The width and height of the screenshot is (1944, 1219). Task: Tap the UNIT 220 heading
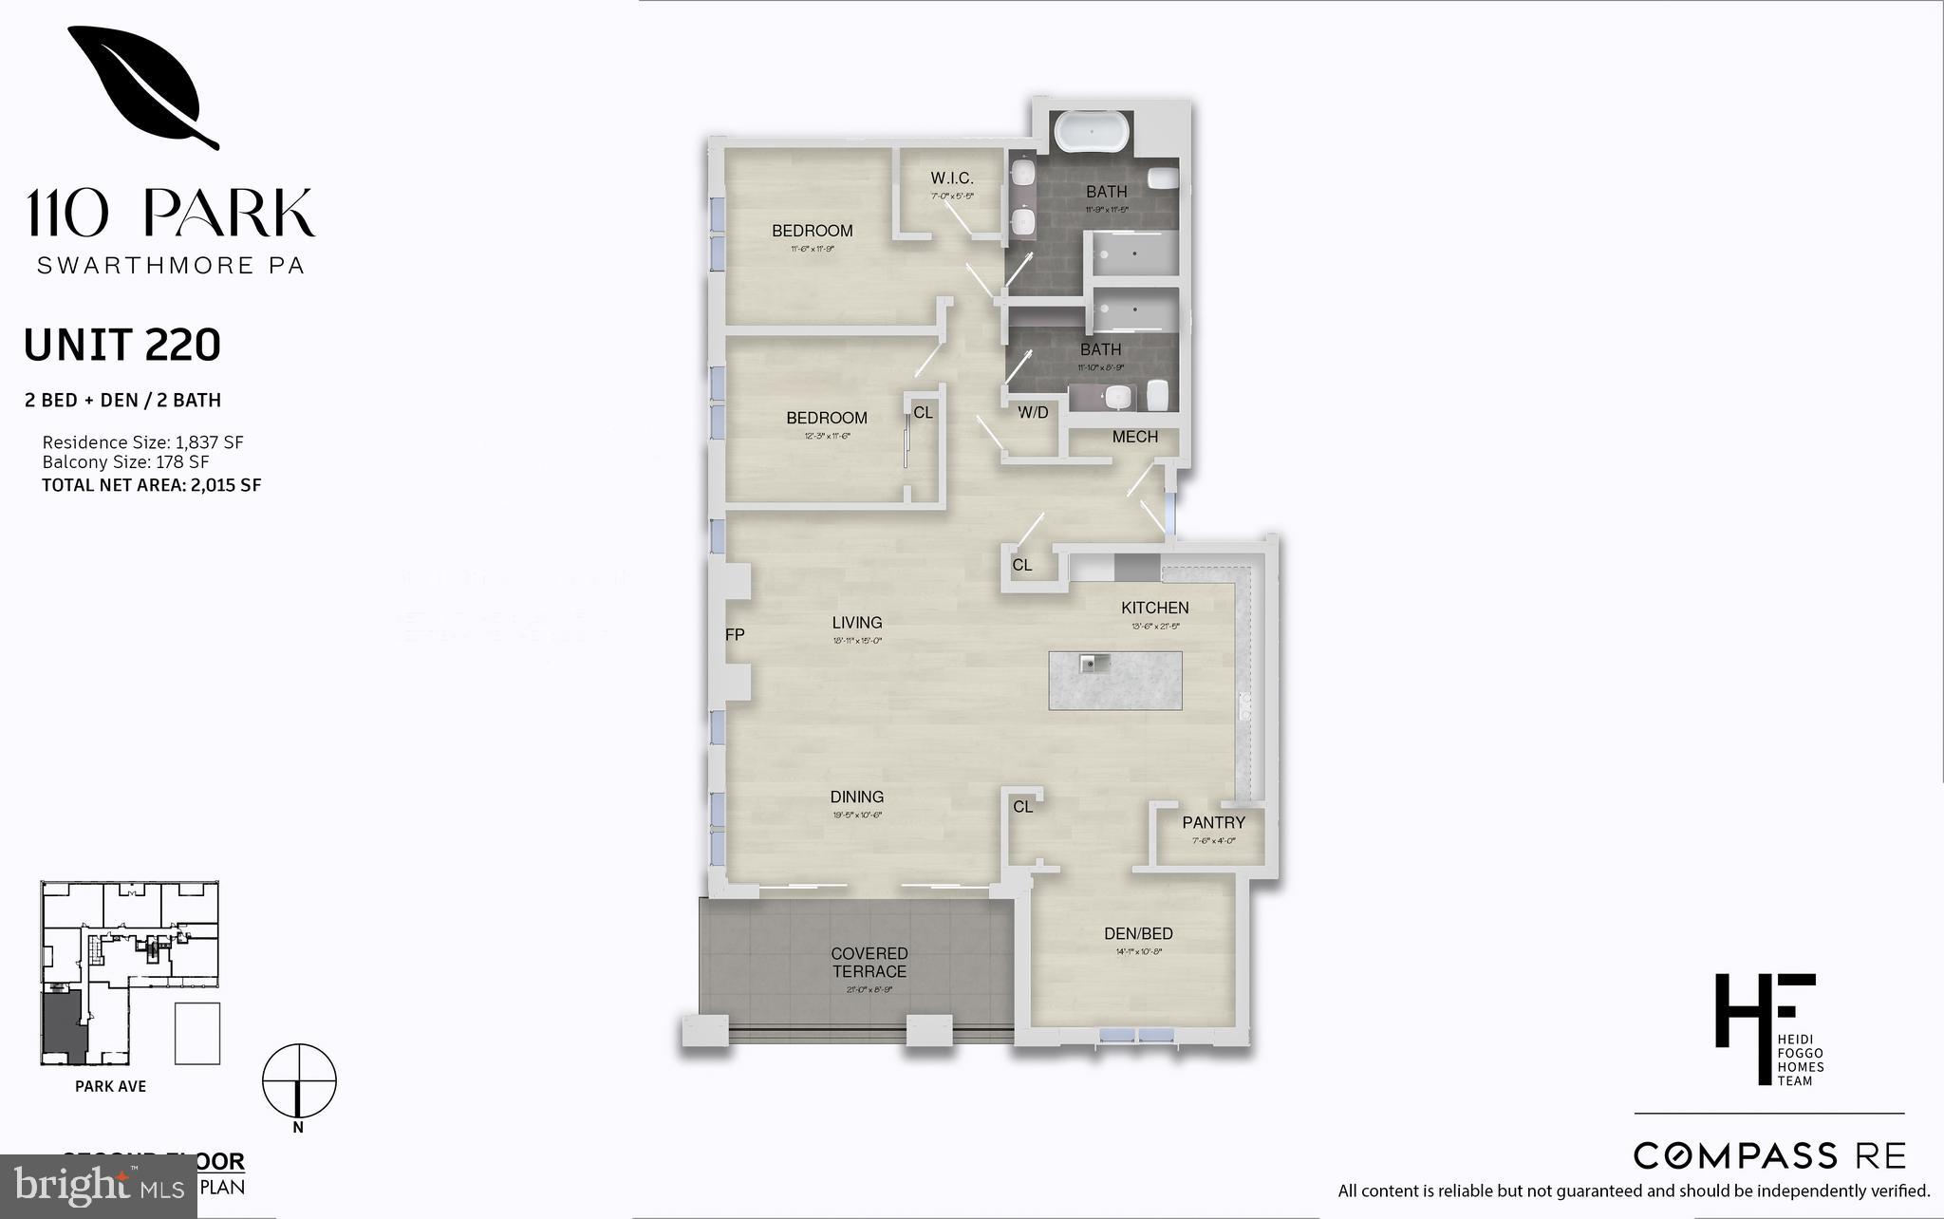pos(121,346)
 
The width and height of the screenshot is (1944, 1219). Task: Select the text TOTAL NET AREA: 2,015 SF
pos(151,485)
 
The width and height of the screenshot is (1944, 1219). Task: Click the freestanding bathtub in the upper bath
pos(1092,132)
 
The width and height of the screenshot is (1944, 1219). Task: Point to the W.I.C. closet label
pos(951,178)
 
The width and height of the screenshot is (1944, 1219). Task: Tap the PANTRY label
pos(1213,823)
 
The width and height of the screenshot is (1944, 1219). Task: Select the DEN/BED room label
pos(1138,934)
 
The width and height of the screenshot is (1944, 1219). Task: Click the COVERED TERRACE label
pos(869,963)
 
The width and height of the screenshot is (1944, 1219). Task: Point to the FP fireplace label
pos(735,635)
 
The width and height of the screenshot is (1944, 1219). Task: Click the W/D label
pos(1033,412)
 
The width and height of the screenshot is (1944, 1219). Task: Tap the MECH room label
pos(1134,437)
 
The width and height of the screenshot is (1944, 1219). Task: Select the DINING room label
pos(856,797)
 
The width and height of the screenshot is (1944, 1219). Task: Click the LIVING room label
pos(856,623)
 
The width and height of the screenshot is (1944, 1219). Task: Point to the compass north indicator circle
pos(299,1080)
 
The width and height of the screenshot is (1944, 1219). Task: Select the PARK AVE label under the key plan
pos(110,1086)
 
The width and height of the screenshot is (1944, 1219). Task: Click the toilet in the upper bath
pos(1163,178)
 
